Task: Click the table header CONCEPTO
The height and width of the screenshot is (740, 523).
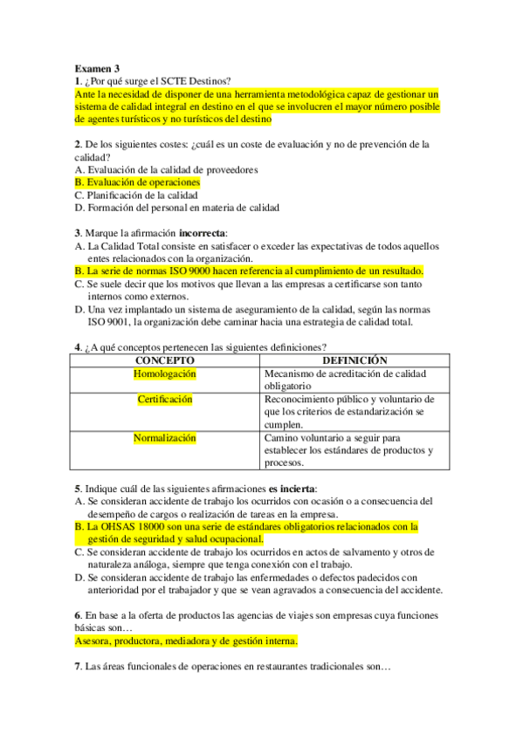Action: [165, 360]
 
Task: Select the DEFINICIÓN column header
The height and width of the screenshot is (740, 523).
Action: [354, 360]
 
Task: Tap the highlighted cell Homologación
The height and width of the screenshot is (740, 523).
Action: [165, 373]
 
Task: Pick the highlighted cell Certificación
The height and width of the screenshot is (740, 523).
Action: [165, 400]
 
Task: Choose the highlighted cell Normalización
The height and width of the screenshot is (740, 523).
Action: [165, 438]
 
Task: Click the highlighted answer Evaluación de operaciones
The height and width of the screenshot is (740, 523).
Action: [143, 182]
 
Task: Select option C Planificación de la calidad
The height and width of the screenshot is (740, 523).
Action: [141, 195]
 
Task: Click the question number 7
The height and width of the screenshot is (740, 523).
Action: [78, 667]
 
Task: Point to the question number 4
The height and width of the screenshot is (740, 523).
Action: [78, 347]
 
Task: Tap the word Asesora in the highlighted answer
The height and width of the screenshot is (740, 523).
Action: [96, 641]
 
